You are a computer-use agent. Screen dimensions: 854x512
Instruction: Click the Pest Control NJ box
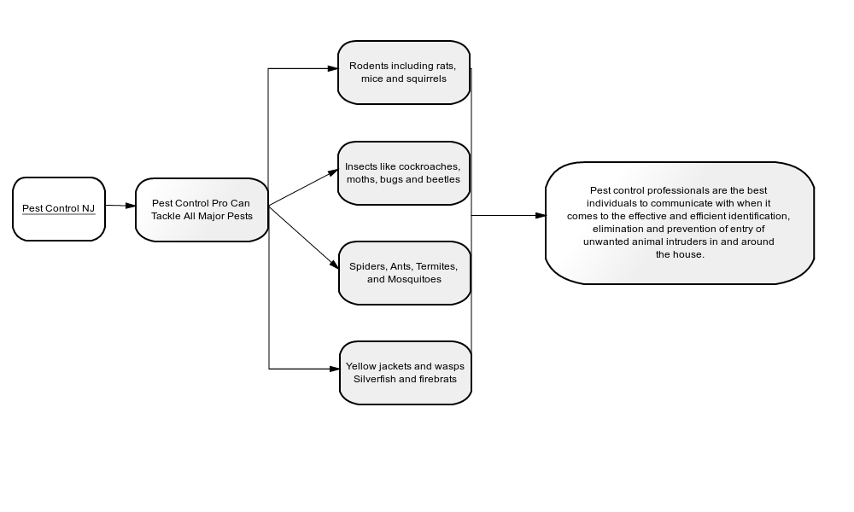coord(59,209)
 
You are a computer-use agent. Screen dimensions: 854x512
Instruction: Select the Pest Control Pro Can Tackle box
coord(202,209)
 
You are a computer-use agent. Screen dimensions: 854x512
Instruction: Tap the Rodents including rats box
coord(404,73)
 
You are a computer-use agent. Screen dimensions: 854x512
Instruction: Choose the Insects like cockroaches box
coord(404,173)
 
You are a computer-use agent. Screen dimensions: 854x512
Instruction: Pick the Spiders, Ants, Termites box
coord(405,273)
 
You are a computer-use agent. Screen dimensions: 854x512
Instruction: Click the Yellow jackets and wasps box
coord(406,373)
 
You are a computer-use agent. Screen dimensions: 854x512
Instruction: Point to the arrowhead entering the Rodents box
coord(333,68)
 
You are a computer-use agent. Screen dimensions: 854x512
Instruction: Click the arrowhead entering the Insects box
coord(333,172)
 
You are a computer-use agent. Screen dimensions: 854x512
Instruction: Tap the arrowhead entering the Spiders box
coord(334,264)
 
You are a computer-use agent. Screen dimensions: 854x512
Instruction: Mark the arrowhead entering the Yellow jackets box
coord(335,369)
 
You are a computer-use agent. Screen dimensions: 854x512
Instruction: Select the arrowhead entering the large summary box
coord(541,215)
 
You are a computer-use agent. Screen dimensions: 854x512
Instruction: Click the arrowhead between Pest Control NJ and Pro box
coord(130,206)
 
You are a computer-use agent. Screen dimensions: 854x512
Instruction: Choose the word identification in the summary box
coord(758,217)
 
